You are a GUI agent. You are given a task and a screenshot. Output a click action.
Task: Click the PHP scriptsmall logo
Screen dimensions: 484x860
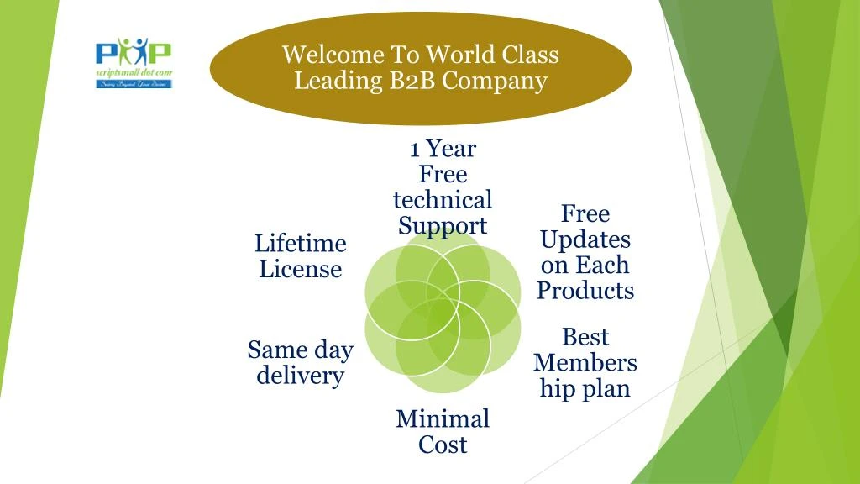point(134,62)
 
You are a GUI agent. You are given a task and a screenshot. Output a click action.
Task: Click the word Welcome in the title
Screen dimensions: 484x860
point(322,55)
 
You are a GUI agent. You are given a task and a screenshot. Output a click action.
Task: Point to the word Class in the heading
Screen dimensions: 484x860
point(530,55)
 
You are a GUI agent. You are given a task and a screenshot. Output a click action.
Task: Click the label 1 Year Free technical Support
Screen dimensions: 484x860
point(443,187)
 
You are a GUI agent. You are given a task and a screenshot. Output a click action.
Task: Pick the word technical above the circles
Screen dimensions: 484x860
point(443,200)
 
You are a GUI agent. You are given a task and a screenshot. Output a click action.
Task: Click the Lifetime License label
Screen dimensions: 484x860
point(300,256)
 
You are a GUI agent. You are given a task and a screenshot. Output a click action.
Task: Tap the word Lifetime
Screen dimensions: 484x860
point(300,244)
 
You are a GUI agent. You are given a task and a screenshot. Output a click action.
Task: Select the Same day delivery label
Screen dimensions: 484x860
point(300,362)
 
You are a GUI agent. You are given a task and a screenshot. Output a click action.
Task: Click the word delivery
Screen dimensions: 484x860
point(300,376)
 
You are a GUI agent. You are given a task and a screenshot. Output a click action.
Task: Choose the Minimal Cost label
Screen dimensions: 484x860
point(443,431)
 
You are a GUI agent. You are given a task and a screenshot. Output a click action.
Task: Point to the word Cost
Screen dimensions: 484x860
point(443,445)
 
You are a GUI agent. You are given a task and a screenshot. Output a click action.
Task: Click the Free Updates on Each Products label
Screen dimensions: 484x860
point(585,252)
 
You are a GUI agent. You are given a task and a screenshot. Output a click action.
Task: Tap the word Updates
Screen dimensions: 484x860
point(585,239)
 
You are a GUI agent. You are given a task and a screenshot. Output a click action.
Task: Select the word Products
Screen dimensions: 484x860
point(585,291)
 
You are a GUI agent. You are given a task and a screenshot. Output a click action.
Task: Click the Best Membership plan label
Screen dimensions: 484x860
point(585,363)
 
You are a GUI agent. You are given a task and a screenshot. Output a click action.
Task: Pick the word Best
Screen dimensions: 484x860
point(585,337)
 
